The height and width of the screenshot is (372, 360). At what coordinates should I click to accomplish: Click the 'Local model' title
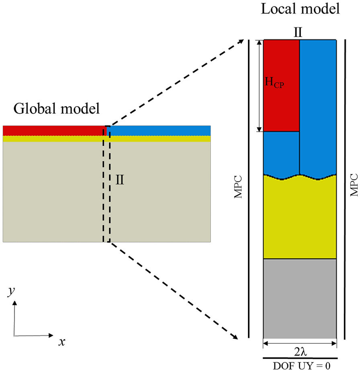click(x=300, y=9)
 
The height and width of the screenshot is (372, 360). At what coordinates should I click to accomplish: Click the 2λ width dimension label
click(x=299, y=351)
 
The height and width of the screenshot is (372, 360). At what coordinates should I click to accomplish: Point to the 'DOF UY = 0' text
click(x=300, y=366)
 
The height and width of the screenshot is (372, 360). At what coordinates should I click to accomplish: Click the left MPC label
click(x=238, y=187)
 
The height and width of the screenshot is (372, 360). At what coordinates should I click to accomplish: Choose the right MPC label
click(x=354, y=185)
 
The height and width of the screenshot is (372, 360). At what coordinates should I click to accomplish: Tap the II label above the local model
click(x=297, y=33)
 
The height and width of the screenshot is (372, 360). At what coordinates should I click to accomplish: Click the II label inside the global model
click(x=119, y=179)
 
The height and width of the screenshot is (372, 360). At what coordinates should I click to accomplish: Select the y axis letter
click(x=10, y=292)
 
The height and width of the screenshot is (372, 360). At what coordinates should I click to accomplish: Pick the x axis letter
click(x=61, y=342)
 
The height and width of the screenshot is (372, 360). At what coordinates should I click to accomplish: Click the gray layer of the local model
click(x=299, y=298)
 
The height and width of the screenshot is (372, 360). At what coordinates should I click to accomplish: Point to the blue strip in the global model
click(x=161, y=131)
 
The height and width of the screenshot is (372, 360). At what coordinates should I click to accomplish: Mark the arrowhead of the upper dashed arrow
click(x=241, y=41)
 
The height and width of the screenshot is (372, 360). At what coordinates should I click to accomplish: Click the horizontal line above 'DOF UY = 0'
click(x=300, y=358)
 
